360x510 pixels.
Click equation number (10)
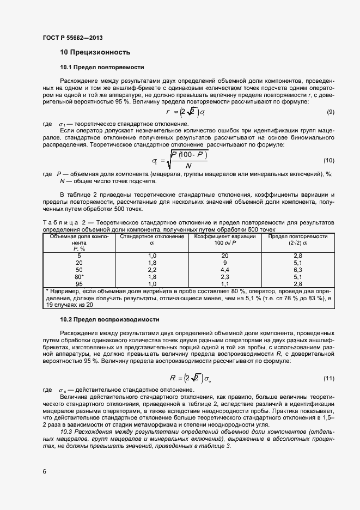[328, 160]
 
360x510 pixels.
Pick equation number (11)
[328, 378]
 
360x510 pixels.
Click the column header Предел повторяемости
[297, 237]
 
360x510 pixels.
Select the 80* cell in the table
[80, 277]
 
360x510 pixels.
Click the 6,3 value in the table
[297, 270]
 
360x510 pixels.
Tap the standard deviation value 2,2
[152, 270]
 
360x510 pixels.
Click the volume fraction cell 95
[79, 284]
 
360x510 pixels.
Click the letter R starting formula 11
[173, 378]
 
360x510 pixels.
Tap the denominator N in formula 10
[188, 166]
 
